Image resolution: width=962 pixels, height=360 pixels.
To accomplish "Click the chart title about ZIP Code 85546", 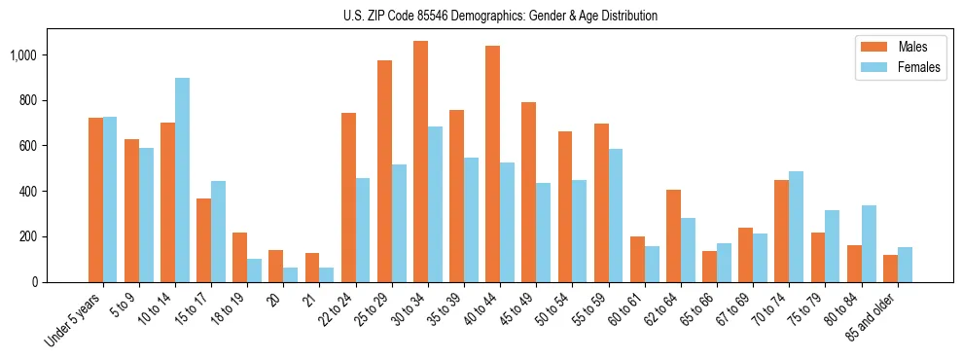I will pyautogui.click(x=500, y=16).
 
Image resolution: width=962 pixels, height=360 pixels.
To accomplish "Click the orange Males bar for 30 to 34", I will pyautogui.click(x=420, y=162).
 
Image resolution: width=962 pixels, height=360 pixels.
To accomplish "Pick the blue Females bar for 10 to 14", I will pyautogui.click(x=183, y=180).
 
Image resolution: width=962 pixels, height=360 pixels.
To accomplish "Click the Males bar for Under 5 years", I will pyautogui.click(x=95, y=199).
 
